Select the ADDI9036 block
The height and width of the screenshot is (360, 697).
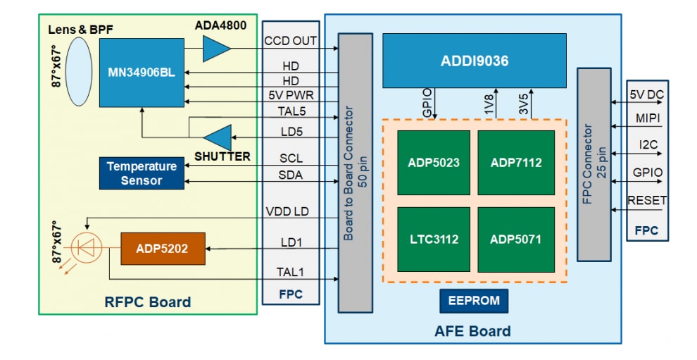pos(475,61)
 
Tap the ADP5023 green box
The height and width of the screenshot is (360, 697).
pos(434,163)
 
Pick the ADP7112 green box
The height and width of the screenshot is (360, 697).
pos(515,163)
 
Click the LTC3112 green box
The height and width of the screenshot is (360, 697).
pos(434,240)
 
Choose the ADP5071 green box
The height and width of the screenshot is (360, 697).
pos(515,240)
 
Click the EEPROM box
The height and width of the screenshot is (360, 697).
pos(473,301)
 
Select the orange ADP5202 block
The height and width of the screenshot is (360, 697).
pos(163,249)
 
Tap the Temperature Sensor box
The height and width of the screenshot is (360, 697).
pos(142,173)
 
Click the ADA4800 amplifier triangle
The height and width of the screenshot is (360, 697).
pos(215,49)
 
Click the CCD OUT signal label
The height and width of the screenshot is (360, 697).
pos(291,41)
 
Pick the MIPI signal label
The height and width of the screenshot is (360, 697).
pos(646,118)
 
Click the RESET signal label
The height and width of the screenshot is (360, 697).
pos(646,201)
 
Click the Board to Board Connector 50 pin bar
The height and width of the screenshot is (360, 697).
pos(356,173)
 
